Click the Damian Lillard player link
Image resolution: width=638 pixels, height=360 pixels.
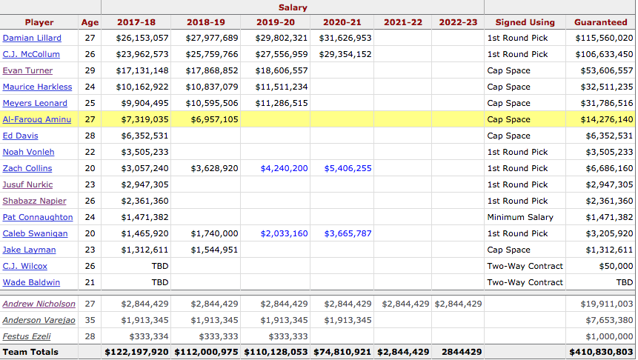[32, 38]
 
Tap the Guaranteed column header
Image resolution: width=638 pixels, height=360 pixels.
[600, 22]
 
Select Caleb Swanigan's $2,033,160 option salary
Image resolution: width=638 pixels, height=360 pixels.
[284, 233]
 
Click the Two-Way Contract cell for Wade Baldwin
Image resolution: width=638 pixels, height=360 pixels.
[525, 282]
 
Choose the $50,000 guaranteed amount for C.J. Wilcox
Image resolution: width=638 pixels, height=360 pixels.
[615, 266]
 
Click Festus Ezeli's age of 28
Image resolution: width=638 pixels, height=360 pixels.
[88, 336]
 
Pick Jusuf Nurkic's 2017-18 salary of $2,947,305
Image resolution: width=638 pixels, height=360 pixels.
[142, 184]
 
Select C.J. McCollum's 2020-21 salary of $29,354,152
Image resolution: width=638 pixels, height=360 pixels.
[345, 54]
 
